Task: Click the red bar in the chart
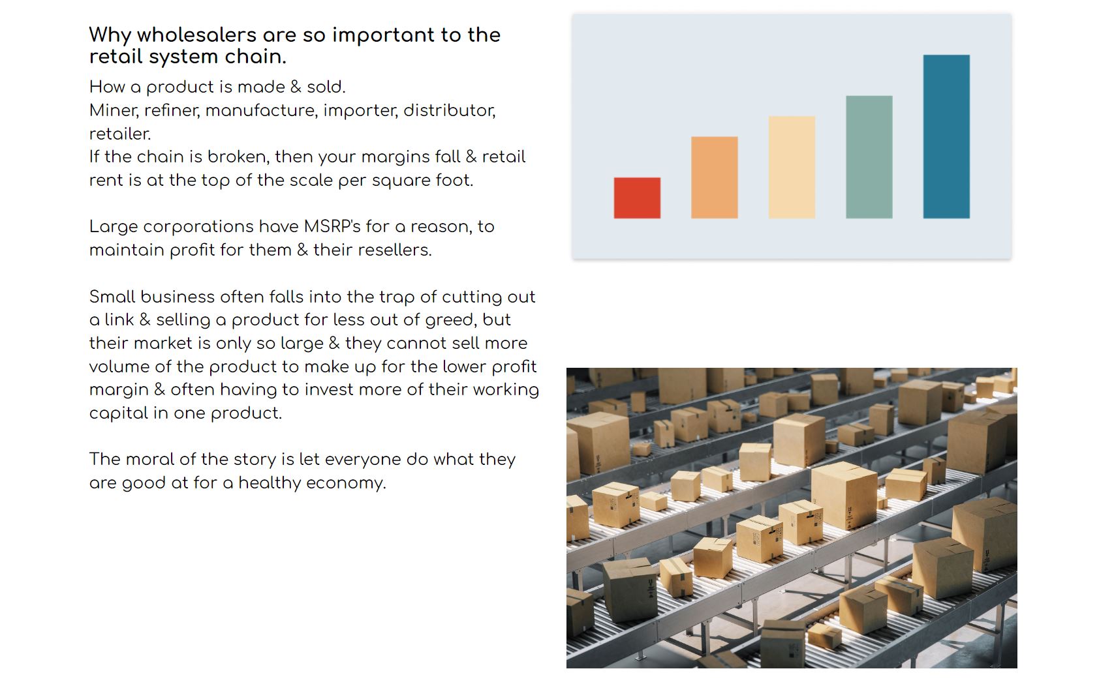pyautogui.click(x=637, y=198)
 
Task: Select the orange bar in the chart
pyautogui.click(x=714, y=177)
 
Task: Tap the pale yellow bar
pyautogui.click(x=792, y=167)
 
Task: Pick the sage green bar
pyautogui.click(x=869, y=157)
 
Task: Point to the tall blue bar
pyautogui.click(x=946, y=137)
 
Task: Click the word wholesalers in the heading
pyautogui.click(x=196, y=35)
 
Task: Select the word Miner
pyautogui.click(x=113, y=110)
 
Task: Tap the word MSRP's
pyautogui.click(x=332, y=227)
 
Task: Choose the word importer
pyautogui.click(x=360, y=111)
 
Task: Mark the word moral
pyautogui.click(x=149, y=459)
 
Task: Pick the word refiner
pyautogui.click(x=172, y=110)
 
